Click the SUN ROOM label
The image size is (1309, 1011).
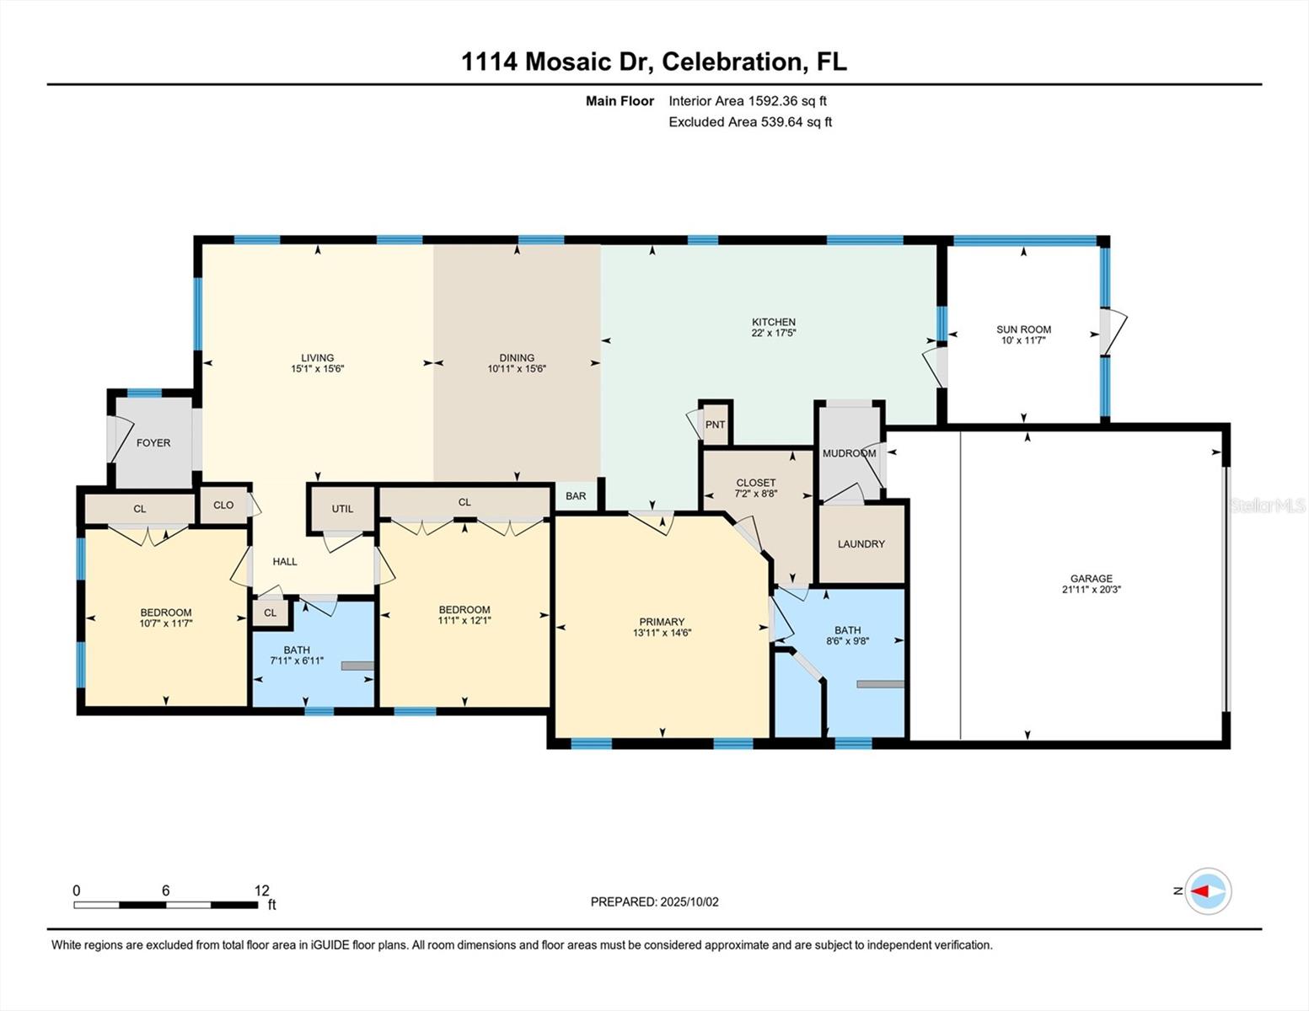coord(1023,329)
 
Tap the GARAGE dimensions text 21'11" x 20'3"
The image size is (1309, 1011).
coord(1092,590)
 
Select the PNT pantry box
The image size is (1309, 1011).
coord(715,425)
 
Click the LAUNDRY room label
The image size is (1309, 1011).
coord(861,544)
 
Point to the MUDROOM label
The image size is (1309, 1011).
coord(849,453)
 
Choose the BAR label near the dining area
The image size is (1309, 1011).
coord(576,496)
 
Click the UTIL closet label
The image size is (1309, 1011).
coord(342,509)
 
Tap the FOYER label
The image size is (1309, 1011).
coord(153,443)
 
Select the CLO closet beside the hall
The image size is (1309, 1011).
coord(223,505)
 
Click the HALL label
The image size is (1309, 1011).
coord(285,562)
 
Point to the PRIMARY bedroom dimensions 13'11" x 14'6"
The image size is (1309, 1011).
coord(662,633)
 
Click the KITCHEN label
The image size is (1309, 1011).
coord(774,322)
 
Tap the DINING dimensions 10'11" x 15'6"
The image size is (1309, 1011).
coord(517,369)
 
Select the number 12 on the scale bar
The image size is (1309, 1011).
coord(262,891)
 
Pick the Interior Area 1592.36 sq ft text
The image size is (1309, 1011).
coord(747,101)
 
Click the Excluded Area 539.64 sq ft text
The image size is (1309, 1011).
coord(749,122)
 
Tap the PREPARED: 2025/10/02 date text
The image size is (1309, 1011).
coord(654,902)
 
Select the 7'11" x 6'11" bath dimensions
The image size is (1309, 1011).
coord(297,661)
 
